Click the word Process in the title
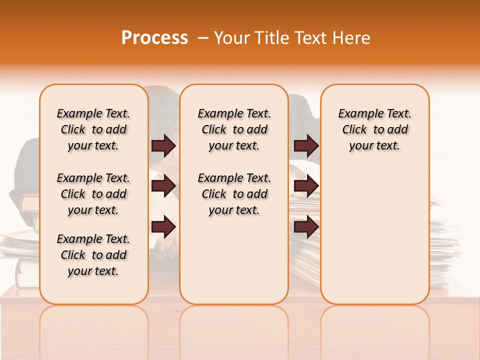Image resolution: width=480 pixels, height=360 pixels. [x=154, y=38]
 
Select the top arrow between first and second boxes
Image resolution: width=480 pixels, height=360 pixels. [x=163, y=146]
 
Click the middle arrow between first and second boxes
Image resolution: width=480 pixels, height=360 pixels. [x=163, y=186]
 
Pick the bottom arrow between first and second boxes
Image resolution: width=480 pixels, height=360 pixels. [x=163, y=227]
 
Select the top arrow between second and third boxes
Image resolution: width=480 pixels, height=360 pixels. [x=306, y=146]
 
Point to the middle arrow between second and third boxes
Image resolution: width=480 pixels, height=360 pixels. [x=306, y=186]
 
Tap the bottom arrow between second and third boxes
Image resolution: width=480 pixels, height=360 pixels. [x=306, y=227]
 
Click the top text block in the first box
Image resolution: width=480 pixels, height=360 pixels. [x=93, y=129]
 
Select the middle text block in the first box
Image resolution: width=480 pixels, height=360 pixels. [x=93, y=194]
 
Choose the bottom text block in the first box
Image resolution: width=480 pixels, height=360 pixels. [x=93, y=255]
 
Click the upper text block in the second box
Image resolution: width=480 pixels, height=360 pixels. [x=234, y=129]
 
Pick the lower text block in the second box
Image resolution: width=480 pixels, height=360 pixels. [x=234, y=194]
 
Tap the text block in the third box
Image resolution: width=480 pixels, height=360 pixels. [x=375, y=129]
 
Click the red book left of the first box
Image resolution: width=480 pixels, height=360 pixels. [x=29, y=204]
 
